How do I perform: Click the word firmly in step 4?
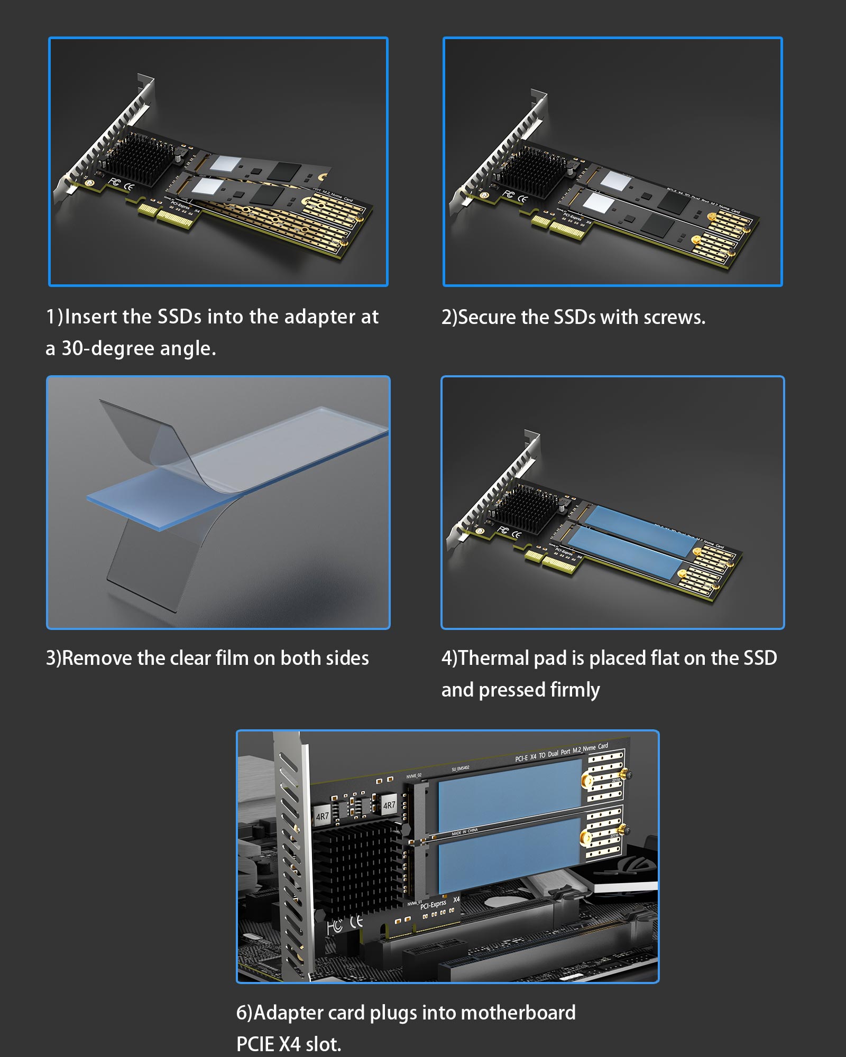(575, 690)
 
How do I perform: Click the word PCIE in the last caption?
(255, 1044)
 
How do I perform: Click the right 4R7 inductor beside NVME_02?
(389, 805)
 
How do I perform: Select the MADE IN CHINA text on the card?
(464, 831)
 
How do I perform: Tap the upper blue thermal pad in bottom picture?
(509, 795)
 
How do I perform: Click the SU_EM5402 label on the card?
(460, 768)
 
